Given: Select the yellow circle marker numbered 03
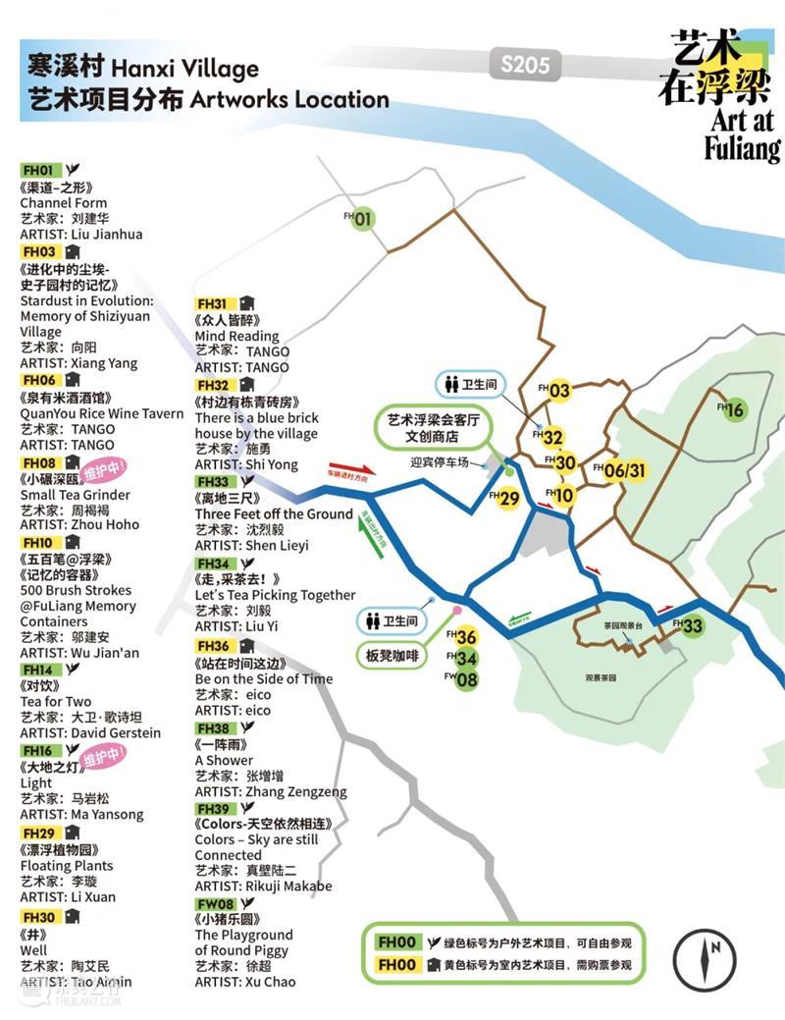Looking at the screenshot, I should pos(559,391).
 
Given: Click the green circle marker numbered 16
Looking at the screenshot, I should pos(735,410).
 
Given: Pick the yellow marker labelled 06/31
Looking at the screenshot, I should pos(625,470).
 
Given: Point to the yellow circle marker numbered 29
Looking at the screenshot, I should pos(508,499).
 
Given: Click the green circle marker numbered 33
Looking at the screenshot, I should pos(693,626).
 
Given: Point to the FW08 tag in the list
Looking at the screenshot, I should pos(215,903).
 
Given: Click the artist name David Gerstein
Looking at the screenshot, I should pos(116,732).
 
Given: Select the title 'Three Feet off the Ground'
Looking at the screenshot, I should pos(274,514).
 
